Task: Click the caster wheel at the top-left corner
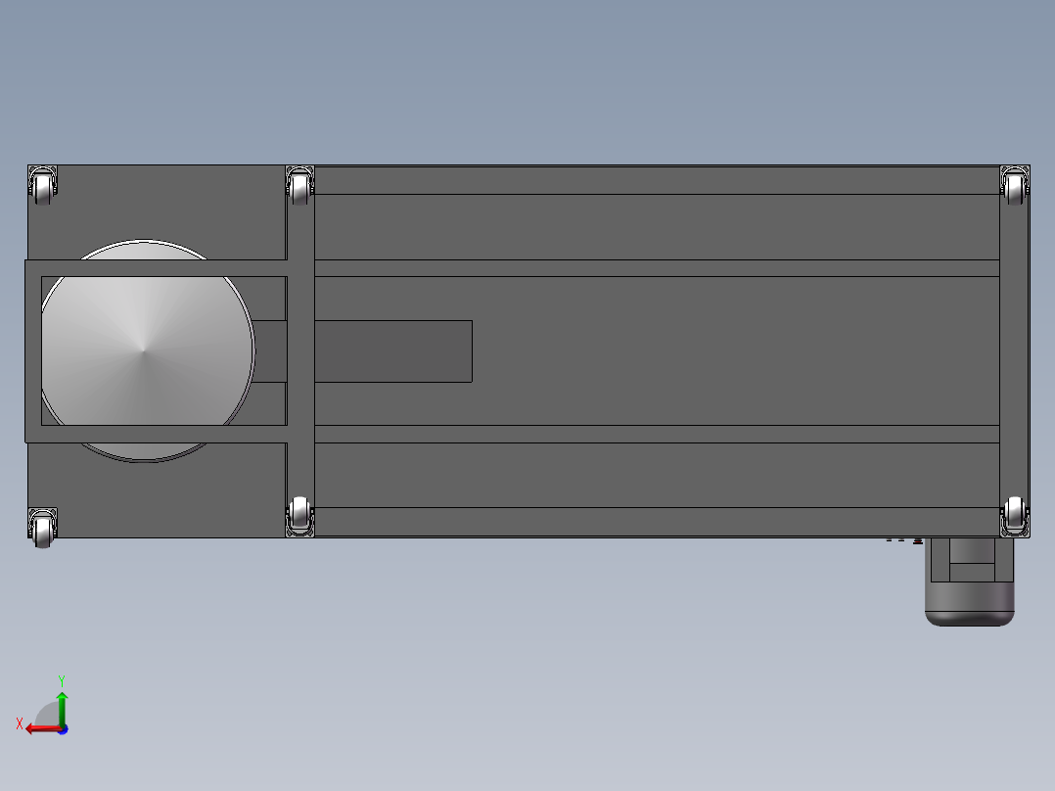click(x=42, y=186)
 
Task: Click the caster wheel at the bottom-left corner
click(x=42, y=529)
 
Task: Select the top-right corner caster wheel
click(x=1014, y=186)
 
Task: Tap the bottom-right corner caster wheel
click(x=1014, y=516)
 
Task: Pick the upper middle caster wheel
click(x=299, y=186)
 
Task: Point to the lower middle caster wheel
click(x=299, y=516)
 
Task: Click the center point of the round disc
click(x=143, y=350)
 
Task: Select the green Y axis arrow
click(x=62, y=709)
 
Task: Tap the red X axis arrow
click(x=44, y=728)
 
